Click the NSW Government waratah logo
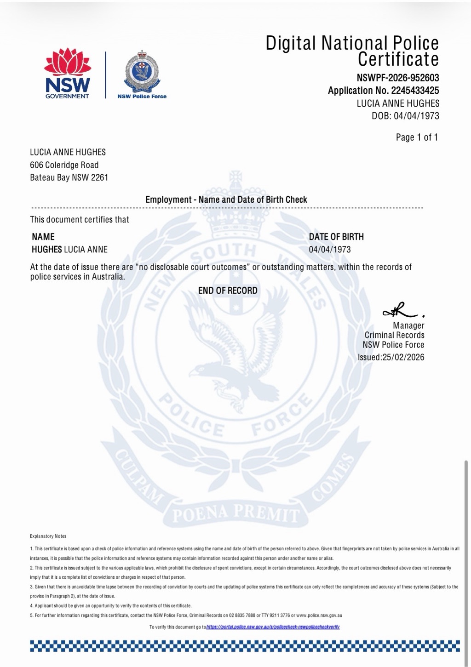(x=67, y=74)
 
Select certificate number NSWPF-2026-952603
(x=397, y=78)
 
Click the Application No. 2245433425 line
(x=383, y=91)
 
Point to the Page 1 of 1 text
(x=417, y=137)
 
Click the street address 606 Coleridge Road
(x=64, y=165)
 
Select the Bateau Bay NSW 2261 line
(x=69, y=177)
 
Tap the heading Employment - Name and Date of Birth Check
(x=226, y=200)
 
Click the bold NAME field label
(x=43, y=237)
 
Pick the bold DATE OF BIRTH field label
(x=336, y=237)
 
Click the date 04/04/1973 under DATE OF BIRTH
(x=330, y=250)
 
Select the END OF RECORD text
(x=228, y=291)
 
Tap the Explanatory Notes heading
(x=48, y=536)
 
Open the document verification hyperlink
(x=273, y=627)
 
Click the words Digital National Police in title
(x=352, y=43)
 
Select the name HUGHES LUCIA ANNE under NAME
(x=69, y=250)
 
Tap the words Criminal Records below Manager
(x=394, y=335)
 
